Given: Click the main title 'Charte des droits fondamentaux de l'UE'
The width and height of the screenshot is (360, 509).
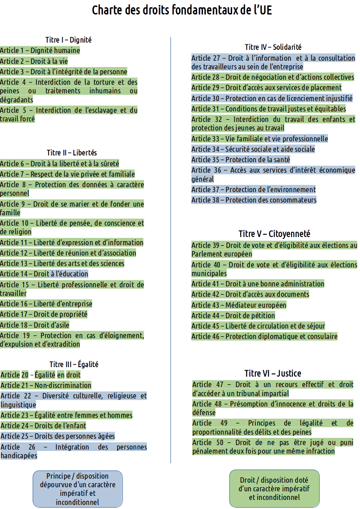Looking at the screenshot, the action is pyautogui.click(x=182, y=10).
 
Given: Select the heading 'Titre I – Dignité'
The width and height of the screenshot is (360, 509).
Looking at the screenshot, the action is pyautogui.click(x=68, y=40).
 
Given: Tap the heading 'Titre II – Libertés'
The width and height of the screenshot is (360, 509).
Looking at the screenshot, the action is pyautogui.click(x=72, y=153).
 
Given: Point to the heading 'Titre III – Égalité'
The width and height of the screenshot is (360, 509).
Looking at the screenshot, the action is pyautogui.click(x=74, y=364).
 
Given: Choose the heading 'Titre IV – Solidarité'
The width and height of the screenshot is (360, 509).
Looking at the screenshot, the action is pyautogui.click(x=273, y=47).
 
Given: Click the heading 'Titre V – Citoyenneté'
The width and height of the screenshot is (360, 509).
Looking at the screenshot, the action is pyautogui.click(x=274, y=234).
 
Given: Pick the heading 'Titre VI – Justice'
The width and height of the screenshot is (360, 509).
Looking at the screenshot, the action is pyautogui.click(x=272, y=373).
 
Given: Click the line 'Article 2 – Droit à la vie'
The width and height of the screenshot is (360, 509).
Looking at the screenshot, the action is pyautogui.click(x=34, y=61).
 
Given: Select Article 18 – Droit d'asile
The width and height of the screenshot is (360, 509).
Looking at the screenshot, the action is pyautogui.click(x=35, y=325).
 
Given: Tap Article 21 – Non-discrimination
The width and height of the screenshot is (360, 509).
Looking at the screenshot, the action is pyautogui.click(x=46, y=385).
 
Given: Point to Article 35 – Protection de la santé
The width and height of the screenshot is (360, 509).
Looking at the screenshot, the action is pyautogui.click(x=241, y=160).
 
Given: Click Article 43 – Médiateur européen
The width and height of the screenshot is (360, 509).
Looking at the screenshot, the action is pyautogui.click(x=239, y=305).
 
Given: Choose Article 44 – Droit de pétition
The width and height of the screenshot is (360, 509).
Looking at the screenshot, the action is pyautogui.click(x=233, y=315).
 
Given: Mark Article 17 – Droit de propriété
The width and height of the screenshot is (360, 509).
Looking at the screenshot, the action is pyautogui.click(x=44, y=314).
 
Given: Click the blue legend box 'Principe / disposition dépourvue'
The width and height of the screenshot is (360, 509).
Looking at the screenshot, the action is pyautogui.click(x=78, y=489).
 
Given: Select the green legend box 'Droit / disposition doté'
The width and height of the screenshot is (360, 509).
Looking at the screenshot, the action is pyautogui.click(x=274, y=489).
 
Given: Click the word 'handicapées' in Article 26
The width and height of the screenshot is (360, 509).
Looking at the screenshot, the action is pyautogui.click(x=19, y=456).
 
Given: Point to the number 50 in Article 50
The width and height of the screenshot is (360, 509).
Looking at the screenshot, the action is pyautogui.click(x=220, y=442).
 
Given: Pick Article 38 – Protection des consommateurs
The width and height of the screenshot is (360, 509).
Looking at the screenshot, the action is pyautogui.click(x=254, y=200).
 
